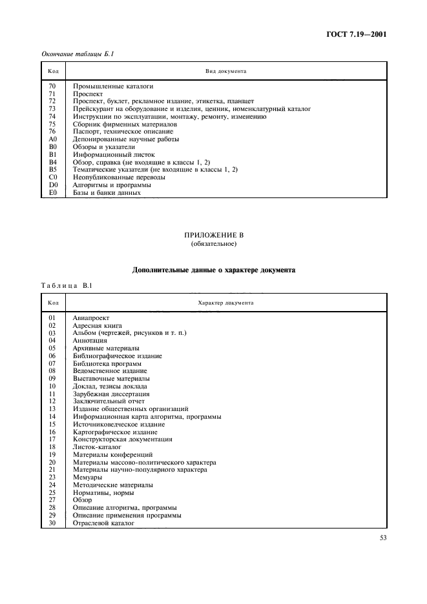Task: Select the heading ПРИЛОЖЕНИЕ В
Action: click(213, 236)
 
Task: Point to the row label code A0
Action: click(53, 139)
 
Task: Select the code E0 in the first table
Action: click(53, 192)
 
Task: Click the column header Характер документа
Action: click(225, 303)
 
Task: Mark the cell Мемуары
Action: click(87, 477)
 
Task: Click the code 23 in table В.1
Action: click(53, 477)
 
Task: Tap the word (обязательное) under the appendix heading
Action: click(213, 244)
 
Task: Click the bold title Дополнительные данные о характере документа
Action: click(213, 270)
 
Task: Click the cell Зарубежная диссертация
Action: click(111, 394)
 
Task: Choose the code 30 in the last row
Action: click(53, 523)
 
